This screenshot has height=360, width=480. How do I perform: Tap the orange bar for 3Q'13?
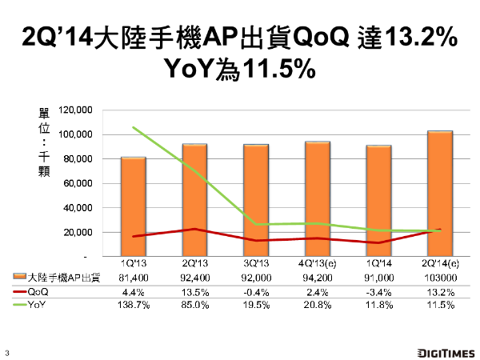pos(256,200)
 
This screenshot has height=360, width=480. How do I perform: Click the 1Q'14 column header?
pos(379,263)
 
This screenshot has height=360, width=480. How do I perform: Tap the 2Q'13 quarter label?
pos(195,263)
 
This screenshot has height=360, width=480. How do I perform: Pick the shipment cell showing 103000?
pos(440,277)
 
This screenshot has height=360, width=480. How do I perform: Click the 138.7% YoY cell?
pos(134,305)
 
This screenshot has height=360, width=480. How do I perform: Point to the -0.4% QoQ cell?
pos(256,290)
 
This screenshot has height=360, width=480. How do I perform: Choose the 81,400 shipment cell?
pos(134,277)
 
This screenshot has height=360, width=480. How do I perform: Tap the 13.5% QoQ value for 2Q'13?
pos(195,290)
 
